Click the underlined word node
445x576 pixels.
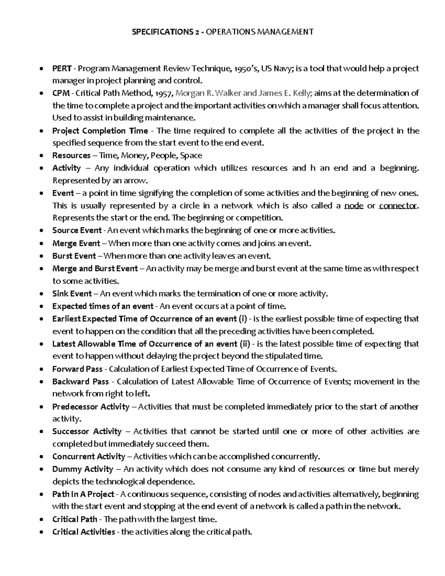pyautogui.click(x=353, y=206)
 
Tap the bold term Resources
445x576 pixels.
pyautogui.click(x=71, y=155)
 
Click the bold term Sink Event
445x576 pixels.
pyautogui.click(x=72, y=294)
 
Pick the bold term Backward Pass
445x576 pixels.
pyautogui.click(x=80, y=382)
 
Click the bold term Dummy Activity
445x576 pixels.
pyautogui.click(x=82, y=469)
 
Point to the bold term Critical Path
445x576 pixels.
pyautogui.click(x=75, y=519)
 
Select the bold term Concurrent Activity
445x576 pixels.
pyautogui.click(x=89, y=457)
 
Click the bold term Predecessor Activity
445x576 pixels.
pyautogui.click(x=91, y=407)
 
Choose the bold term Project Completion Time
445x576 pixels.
pyautogui.click(x=100, y=131)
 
